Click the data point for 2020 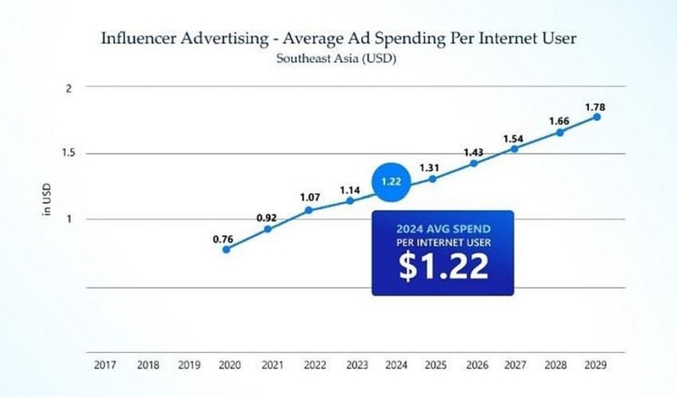click(x=227, y=249)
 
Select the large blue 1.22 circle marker click(x=390, y=182)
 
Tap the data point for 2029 click(x=597, y=117)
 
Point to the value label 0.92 click(x=266, y=216)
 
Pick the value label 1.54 click(x=513, y=139)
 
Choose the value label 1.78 click(x=595, y=106)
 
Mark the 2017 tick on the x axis click(x=105, y=365)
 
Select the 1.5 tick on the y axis click(x=68, y=153)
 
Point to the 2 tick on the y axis click(x=68, y=87)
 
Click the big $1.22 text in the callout click(x=442, y=266)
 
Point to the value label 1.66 click(x=559, y=121)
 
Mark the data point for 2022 click(x=309, y=210)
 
